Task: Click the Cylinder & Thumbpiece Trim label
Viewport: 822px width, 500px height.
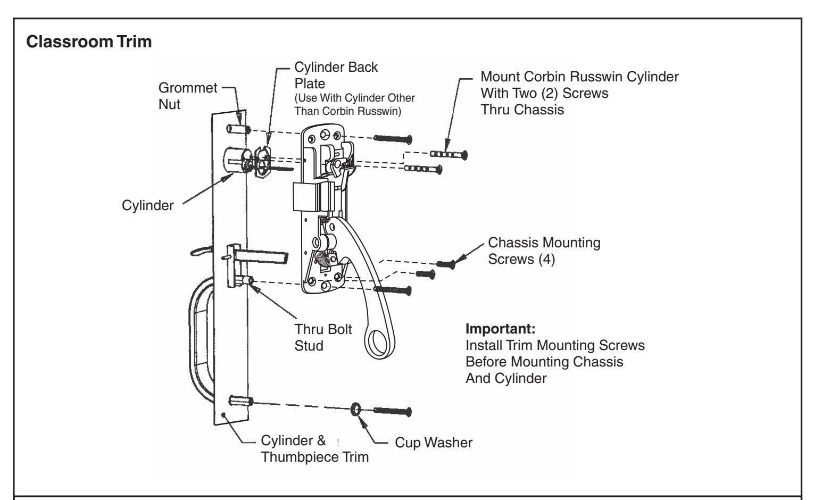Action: [x=315, y=449]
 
